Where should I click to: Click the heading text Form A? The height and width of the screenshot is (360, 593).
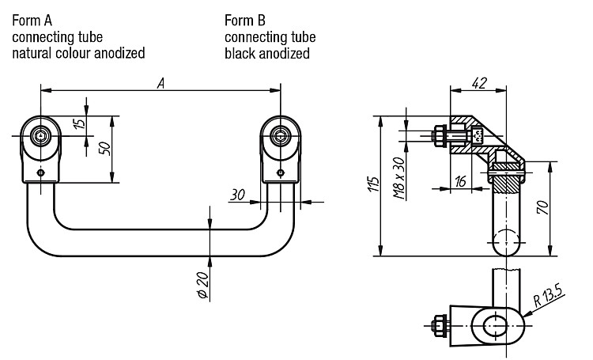[x=32, y=21]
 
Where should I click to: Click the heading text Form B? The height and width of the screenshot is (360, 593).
[x=245, y=21]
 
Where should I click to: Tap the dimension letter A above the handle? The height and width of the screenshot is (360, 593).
[x=161, y=83]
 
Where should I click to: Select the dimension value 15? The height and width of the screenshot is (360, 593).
[x=80, y=123]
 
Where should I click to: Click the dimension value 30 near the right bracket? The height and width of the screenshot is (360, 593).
[x=237, y=195]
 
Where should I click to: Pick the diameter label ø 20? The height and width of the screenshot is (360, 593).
[x=203, y=285]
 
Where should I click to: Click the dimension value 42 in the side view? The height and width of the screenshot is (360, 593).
[x=479, y=83]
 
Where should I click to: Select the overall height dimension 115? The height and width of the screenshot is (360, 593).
[x=374, y=184]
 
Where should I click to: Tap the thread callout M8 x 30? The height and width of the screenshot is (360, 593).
[x=399, y=178]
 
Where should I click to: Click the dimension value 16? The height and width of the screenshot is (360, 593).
[x=460, y=182]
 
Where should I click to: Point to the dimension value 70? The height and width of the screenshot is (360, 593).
[x=542, y=207]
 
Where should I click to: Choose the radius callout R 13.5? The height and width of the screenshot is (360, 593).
[x=549, y=295]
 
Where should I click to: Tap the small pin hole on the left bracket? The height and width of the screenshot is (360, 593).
[x=40, y=173]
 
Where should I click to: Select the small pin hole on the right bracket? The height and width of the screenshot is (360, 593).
[x=280, y=173]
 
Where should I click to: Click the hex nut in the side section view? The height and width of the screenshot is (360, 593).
[x=440, y=136]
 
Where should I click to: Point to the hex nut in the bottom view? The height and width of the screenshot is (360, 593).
[x=440, y=325]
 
